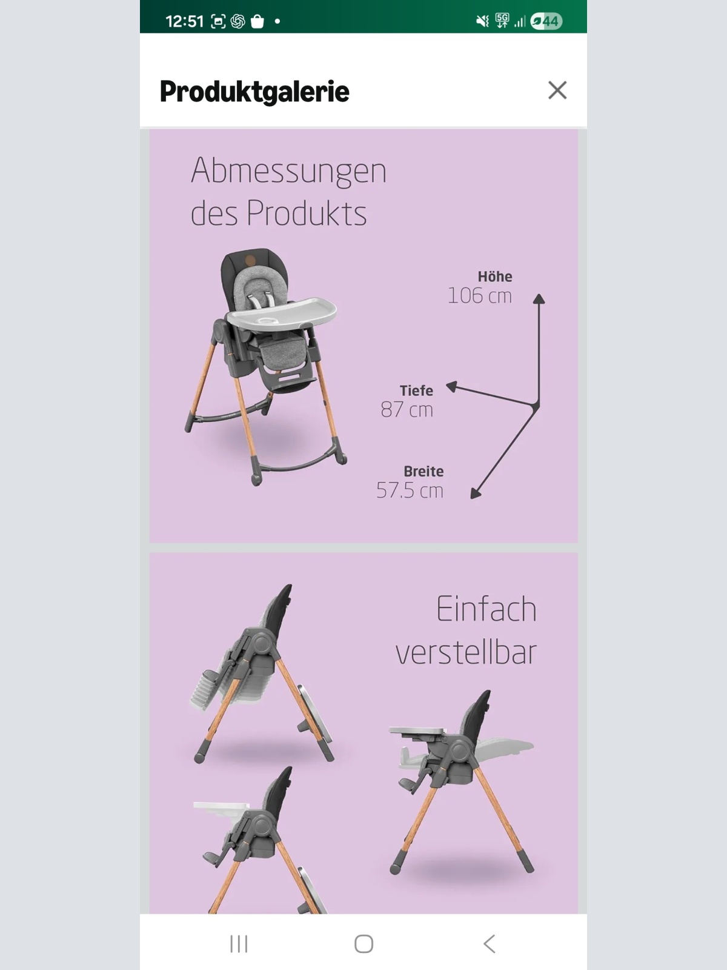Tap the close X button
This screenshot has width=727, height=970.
(557, 90)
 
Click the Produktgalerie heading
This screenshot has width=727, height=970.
(254, 92)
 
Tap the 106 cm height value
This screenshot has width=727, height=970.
(479, 296)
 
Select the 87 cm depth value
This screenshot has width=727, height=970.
(407, 410)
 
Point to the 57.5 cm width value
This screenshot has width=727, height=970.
(410, 490)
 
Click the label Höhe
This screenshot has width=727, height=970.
(495, 276)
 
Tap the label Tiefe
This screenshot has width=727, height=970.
(416, 390)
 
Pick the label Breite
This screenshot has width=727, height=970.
(423, 471)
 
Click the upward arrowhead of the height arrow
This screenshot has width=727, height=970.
(539, 298)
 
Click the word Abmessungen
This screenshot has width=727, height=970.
(289, 170)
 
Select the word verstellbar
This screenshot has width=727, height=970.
(466, 652)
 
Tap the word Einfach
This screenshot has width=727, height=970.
(486, 609)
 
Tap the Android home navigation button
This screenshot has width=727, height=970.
(363, 943)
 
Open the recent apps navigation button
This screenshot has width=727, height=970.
(239, 943)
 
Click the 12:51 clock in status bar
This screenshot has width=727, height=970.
(184, 21)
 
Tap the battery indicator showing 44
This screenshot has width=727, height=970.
(546, 21)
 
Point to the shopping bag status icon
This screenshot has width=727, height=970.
(257, 22)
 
